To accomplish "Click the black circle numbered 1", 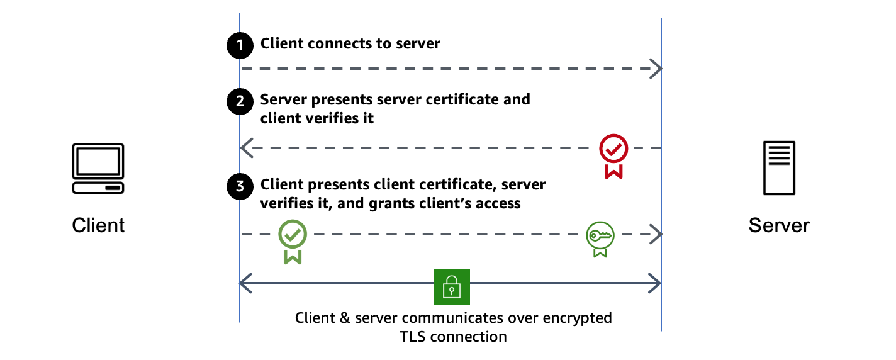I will [239, 45].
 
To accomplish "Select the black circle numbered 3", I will [239, 187].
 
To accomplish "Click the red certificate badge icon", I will [613, 155].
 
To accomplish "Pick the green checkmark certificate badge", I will [293, 241].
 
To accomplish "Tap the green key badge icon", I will [600, 239].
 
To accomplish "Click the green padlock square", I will [451, 286].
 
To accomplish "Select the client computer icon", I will [98, 169].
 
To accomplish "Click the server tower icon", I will [778, 167].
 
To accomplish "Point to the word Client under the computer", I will [98, 225].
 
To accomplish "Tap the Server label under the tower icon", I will [778, 225].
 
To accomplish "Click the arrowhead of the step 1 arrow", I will [657, 68].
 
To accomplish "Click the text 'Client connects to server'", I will [350, 43].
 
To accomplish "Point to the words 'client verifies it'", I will [317, 118].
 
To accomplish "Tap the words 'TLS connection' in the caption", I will [453, 337].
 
